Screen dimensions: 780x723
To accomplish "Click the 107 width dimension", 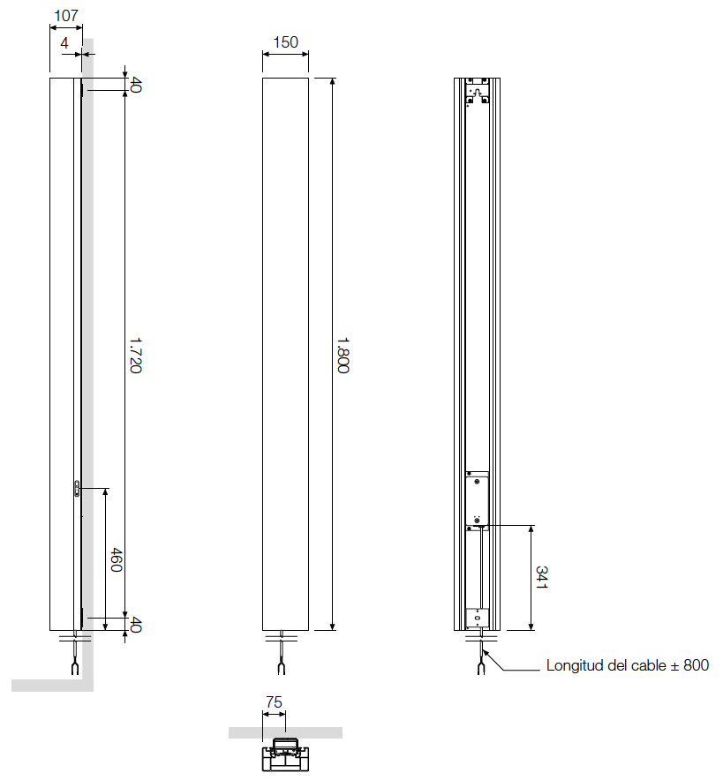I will pyautogui.click(x=66, y=16).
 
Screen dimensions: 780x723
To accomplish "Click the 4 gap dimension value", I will pyautogui.click(x=65, y=42).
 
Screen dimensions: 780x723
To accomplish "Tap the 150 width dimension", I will pyautogui.click(x=285, y=41).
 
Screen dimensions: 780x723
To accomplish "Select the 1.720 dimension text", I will pyautogui.click(x=135, y=354).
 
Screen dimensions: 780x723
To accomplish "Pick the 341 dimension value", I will pyautogui.click(x=542, y=578).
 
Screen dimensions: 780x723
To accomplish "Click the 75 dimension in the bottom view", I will pyautogui.click(x=274, y=702).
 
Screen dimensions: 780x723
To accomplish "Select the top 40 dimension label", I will pyautogui.click(x=136, y=85).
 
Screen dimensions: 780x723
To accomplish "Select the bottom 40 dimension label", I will pyautogui.click(x=136, y=625).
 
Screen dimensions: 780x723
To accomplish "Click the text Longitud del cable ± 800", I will pyautogui.click(x=627, y=666).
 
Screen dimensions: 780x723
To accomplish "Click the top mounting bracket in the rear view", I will pyautogui.click(x=478, y=94).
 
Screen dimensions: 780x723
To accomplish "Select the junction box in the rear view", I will pyautogui.click(x=478, y=499).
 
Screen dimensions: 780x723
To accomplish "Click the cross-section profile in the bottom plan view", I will pyautogui.click(x=284, y=755).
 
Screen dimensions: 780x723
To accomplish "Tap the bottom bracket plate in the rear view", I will pyautogui.click(x=478, y=618).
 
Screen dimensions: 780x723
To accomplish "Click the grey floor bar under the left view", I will pyautogui.click(x=53, y=686).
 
